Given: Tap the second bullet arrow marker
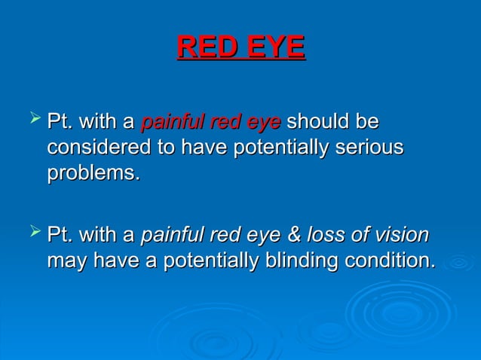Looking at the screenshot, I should [31, 236].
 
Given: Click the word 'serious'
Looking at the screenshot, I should [366, 147].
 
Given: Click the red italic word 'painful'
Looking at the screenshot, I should [169, 121].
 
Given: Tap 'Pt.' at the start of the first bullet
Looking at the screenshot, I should [60, 121].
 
